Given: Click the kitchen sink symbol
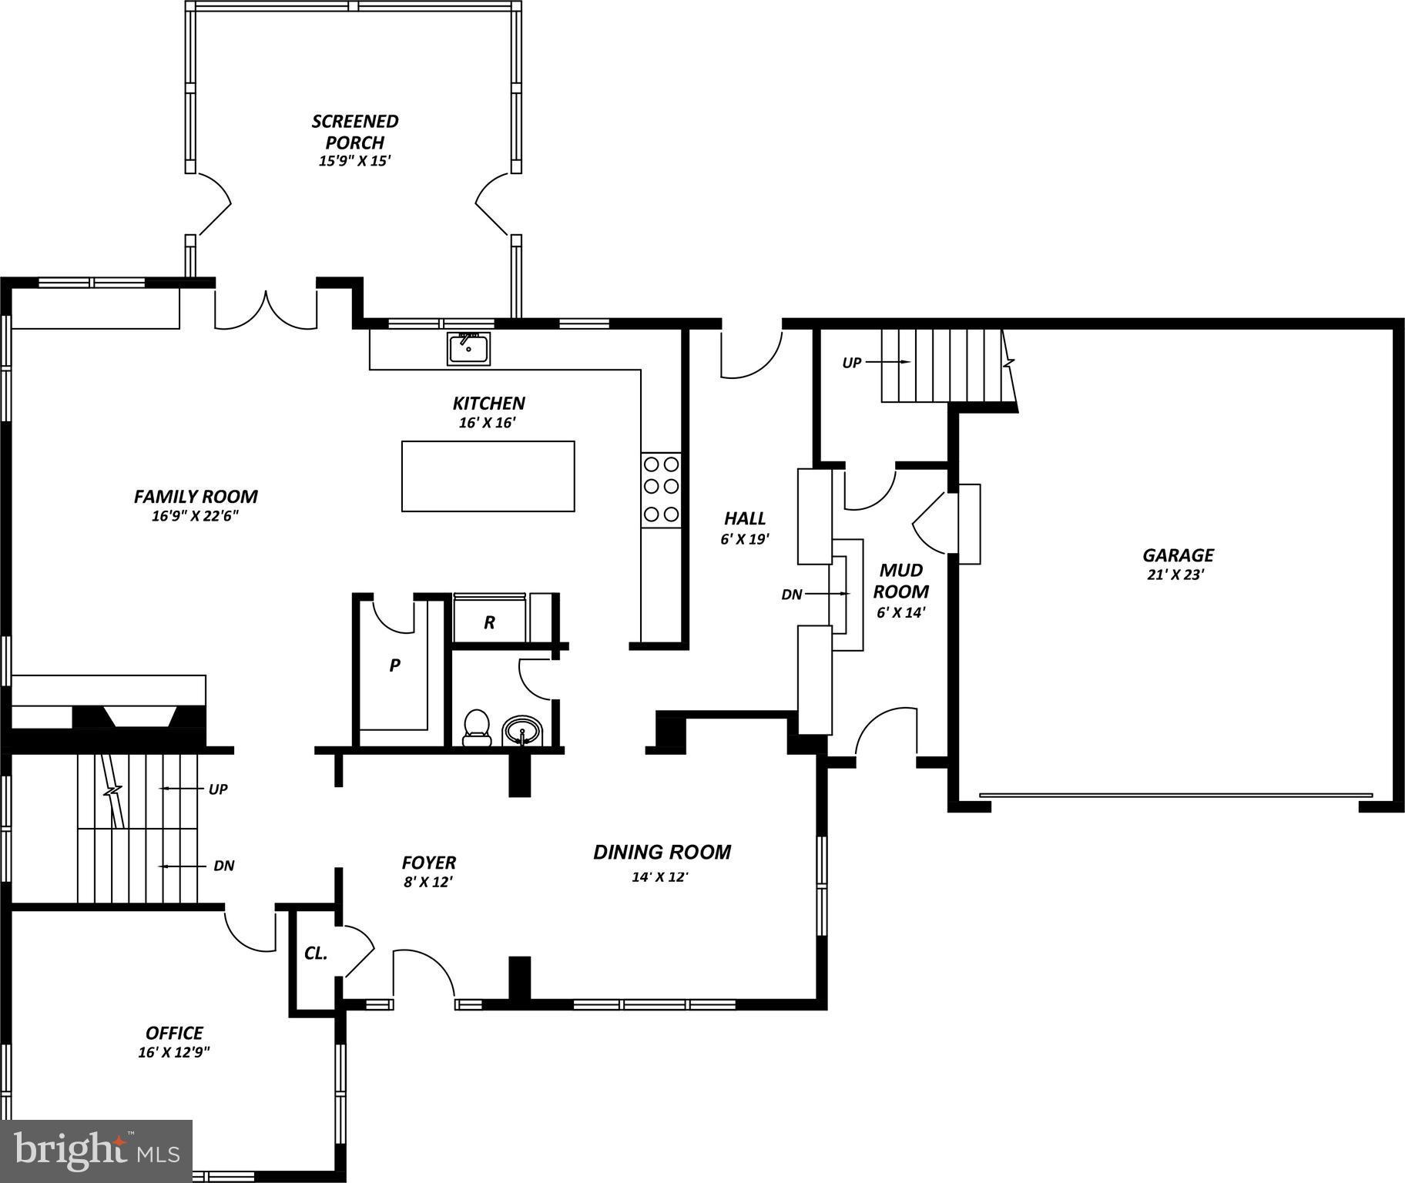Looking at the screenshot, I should tap(469, 349).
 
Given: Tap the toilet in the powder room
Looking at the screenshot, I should tap(477, 728).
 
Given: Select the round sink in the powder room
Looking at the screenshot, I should tap(522, 730).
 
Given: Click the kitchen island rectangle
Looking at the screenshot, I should tap(488, 476).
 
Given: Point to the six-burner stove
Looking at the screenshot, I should tap(661, 488).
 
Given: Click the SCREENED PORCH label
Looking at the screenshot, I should tap(355, 132).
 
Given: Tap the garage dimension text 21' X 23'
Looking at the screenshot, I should tap(1175, 575).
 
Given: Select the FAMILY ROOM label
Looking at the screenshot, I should tap(196, 497).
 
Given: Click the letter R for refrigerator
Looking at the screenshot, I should tap(489, 622).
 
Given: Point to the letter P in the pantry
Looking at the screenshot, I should tap(394, 665).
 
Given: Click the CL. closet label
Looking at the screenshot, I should tap(316, 953).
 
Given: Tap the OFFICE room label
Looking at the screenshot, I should tap(175, 1033).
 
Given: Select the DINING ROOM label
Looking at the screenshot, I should tap(662, 852).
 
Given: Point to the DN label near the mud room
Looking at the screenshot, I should tap(792, 594).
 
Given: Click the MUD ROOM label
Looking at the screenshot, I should tap(901, 581).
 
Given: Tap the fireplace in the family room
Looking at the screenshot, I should tap(139, 716).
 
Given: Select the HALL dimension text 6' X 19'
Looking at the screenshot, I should tap(745, 539).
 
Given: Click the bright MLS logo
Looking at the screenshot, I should tap(96, 1151).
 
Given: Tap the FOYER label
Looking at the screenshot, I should tap(429, 863).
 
